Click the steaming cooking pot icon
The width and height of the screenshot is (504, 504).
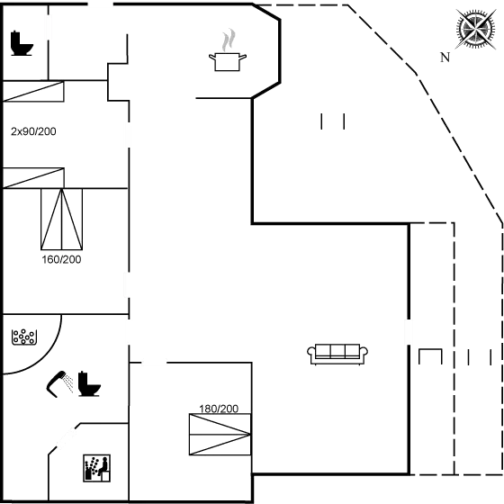[228, 50]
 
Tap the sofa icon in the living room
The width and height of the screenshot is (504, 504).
[337, 354]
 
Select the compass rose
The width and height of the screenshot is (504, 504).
[476, 29]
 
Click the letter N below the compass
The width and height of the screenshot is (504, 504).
[445, 58]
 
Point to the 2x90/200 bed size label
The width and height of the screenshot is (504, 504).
[33, 131]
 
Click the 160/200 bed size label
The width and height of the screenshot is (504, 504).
[61, 259]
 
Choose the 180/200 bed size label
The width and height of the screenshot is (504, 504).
[219, 409]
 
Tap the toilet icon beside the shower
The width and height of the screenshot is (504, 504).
[89, 383]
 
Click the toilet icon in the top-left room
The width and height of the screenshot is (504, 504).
[22, 43]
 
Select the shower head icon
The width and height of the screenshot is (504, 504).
[59, 384]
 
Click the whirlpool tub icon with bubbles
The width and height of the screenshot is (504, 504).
[24, 337]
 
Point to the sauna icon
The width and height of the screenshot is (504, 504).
[97, 468]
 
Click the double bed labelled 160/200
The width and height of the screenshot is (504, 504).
[62, 220]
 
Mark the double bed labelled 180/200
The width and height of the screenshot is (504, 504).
[220, 434]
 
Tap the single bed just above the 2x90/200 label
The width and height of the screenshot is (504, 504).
[33, 92]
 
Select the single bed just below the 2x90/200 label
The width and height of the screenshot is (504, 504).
[33, 178]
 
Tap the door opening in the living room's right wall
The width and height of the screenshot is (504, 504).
[409, 332]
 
